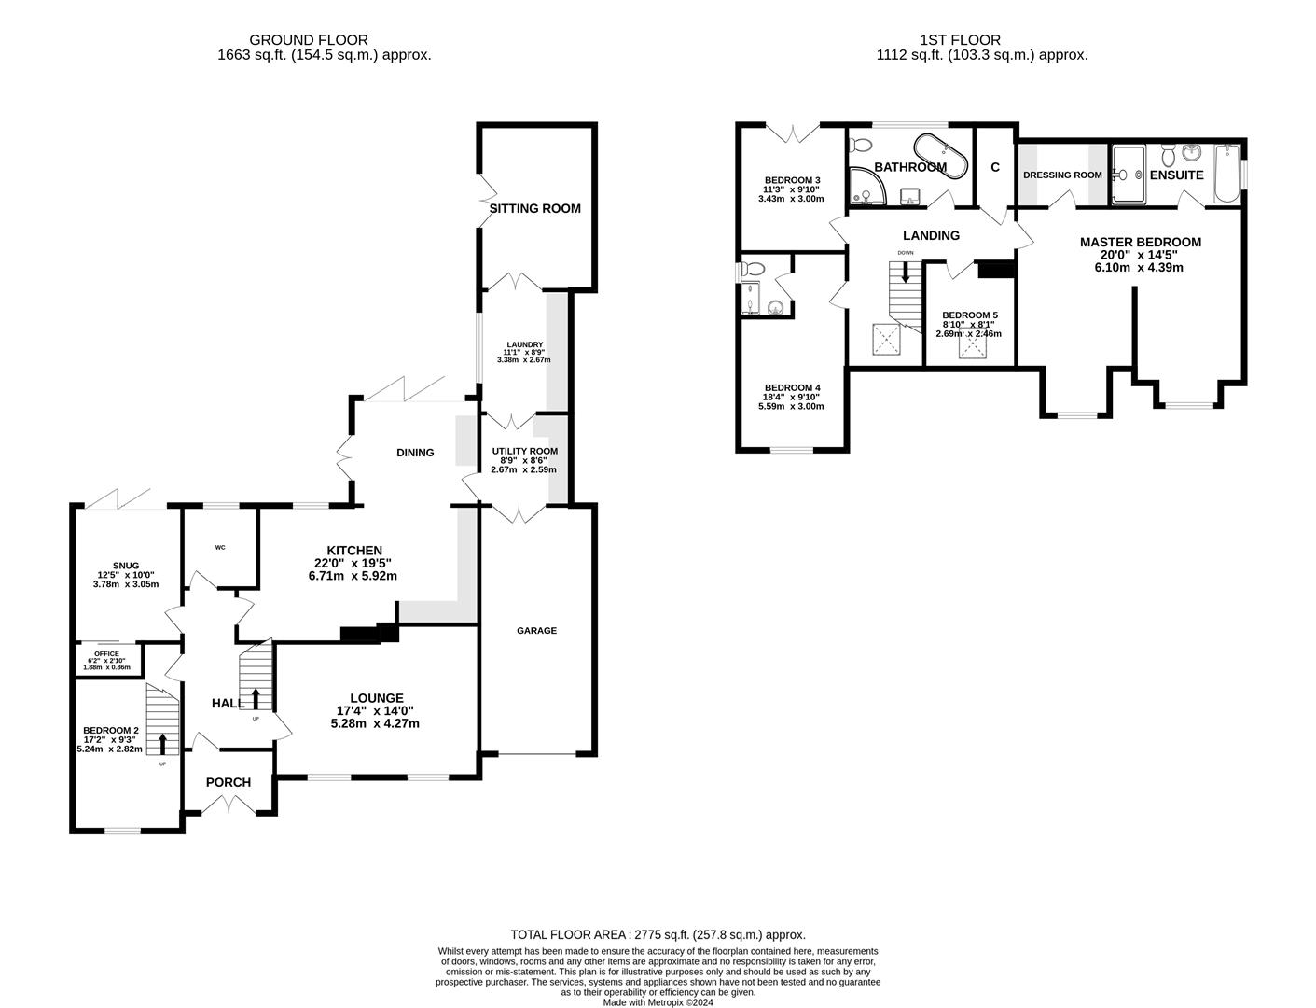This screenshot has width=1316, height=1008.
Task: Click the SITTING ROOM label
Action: tap(534, 208)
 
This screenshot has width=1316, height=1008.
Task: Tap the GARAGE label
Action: tap(536, 630)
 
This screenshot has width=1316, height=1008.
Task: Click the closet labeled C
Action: tap(995, 166)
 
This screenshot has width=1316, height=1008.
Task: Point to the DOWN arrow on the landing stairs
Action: tap(906, 273)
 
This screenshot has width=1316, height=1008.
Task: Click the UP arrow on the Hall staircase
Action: tap(256, 698)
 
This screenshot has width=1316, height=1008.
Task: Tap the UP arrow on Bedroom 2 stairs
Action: tap(162, 744)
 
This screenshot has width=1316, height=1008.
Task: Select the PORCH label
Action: tap(229, 782)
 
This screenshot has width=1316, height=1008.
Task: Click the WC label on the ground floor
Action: tap(220, 547)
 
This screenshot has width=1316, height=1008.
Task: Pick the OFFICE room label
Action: tap(106, 653)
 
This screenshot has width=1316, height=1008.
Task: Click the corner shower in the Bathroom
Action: tap(867, 186)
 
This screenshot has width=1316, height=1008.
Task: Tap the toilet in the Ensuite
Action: tap(1168, 155)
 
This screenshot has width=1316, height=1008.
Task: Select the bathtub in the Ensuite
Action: tap(1227, 174)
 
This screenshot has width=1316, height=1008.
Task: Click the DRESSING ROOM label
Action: tap(1062, 175)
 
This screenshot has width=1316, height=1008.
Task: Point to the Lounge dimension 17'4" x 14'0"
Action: tap(375, 710)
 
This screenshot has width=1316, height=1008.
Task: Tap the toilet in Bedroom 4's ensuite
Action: tap(754, 268)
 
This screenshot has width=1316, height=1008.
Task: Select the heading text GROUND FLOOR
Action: tap(309, 39)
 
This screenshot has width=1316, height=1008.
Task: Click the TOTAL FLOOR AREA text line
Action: tap(658, 934)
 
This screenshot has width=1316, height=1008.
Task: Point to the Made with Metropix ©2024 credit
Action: tap(658, 1002)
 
